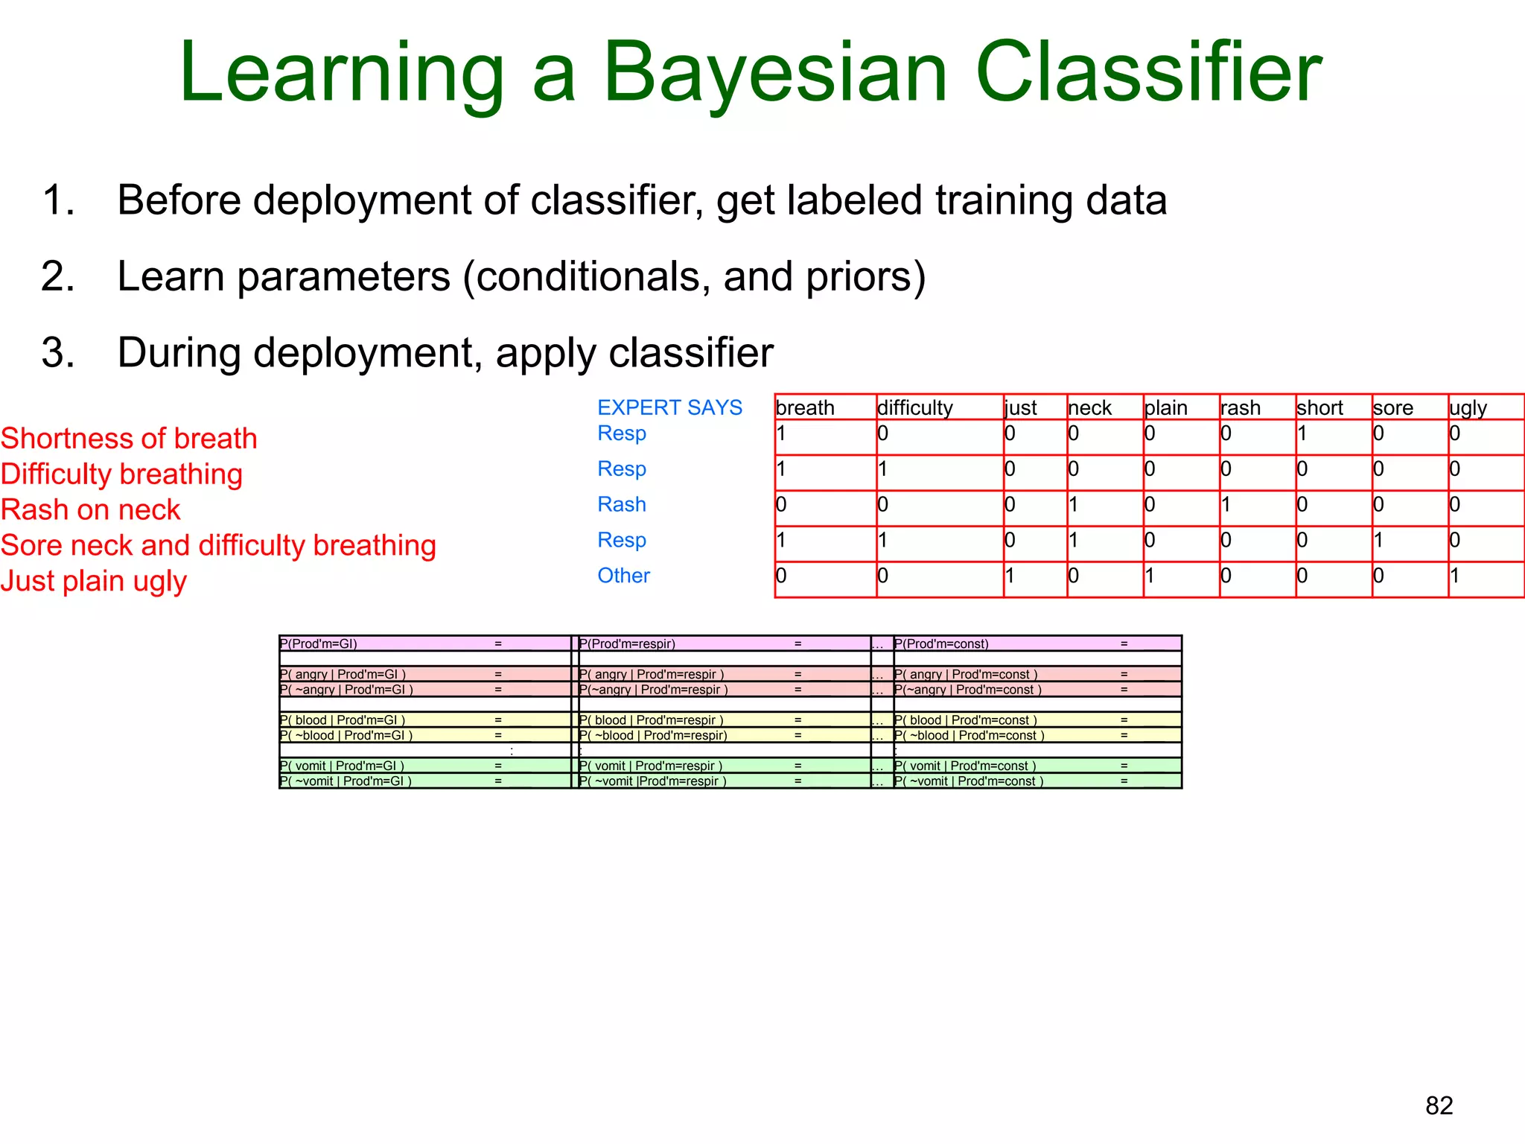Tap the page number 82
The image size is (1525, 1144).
pos(1439,1105)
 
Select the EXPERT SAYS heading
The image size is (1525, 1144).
pos(669,407)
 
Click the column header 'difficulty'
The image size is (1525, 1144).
pos(914,408)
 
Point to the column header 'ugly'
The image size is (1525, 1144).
pos(1468,408)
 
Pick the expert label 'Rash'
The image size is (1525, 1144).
pos(621,504)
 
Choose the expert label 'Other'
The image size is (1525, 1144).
pos(623,576)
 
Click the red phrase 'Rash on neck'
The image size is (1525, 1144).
pos(90,509)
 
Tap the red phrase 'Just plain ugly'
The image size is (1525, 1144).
pos(93,581)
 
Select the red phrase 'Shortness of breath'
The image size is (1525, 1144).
pos(129,438)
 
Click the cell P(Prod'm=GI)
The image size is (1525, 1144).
pos(319,643)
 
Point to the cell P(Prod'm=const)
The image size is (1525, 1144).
pos(941,643)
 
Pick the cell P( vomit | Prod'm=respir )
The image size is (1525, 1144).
pos(651,766)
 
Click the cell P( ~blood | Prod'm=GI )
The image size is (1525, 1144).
pos(346,735)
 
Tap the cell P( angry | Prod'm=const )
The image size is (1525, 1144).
pos(966,674)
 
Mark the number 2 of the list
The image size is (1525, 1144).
pos(57,276)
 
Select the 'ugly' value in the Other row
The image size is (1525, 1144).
pos(1455,576)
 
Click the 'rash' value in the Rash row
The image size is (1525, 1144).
pos(1226,505)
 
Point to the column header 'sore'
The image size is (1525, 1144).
pos(1392,408)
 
